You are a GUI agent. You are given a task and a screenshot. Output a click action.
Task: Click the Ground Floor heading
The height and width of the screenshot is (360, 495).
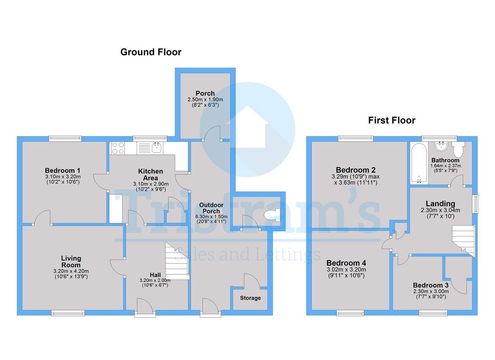click(x=151, y=52)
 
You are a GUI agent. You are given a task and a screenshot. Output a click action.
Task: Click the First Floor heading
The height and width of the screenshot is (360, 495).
click(x=391, y=120)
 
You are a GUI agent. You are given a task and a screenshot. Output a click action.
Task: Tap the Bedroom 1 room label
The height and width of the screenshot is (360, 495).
click(x=63, y=171)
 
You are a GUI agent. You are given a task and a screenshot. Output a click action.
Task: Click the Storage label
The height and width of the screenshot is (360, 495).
click(x=250, y=298)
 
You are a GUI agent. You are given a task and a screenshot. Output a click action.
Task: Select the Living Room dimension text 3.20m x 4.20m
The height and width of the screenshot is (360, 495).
click(x=71, y=271)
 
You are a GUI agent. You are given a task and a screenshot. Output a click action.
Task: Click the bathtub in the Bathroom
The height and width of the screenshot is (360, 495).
click(x=419, y=163)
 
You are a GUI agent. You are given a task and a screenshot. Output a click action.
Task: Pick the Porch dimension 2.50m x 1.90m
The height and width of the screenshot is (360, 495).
click(x=205, y=100)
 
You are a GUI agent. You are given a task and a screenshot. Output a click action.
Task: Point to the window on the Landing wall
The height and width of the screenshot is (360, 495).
click(x=476, y=203)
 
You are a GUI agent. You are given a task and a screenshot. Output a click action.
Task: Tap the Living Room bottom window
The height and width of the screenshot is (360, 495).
click(x=68, y=313)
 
